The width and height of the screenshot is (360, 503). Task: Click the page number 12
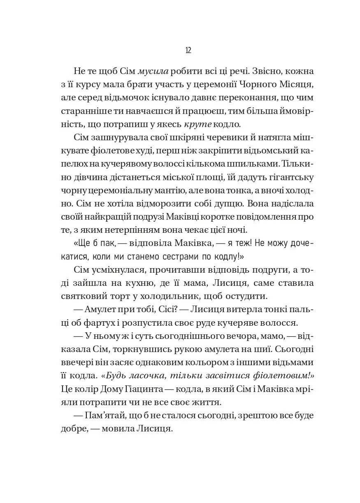188,50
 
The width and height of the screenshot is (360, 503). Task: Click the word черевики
226,138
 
